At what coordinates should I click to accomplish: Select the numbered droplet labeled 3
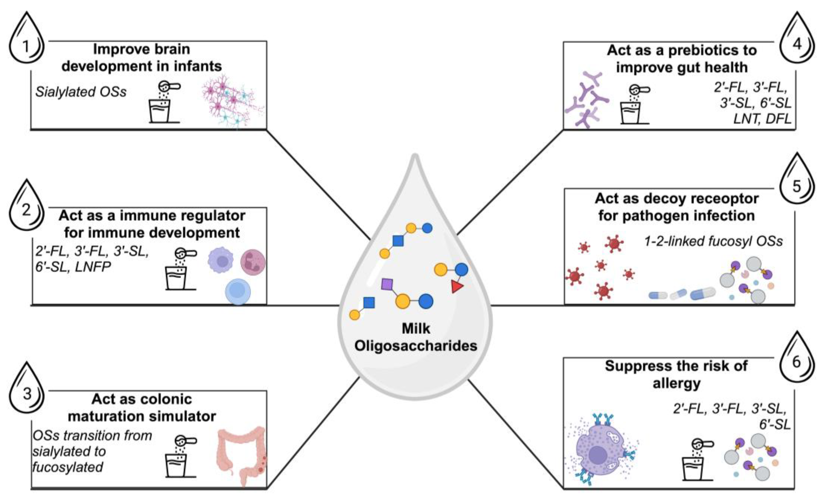27,393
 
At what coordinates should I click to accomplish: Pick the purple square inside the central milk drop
387,284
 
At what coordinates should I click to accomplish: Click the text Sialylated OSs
81,92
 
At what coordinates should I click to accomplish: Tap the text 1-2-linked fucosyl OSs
713,241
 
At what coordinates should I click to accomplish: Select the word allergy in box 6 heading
676,383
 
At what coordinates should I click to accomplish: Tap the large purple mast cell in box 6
599,455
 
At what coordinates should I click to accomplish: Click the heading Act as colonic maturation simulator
142,407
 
